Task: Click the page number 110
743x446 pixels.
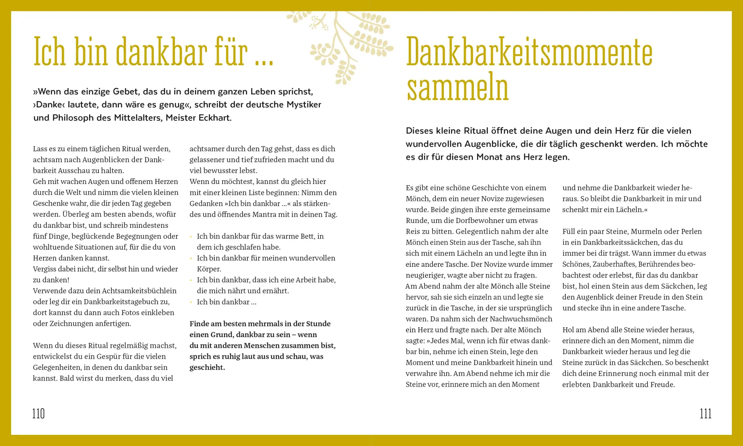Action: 39,414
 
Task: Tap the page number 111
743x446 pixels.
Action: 705,414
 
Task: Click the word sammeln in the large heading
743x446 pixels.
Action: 457,87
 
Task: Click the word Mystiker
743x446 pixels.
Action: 304,105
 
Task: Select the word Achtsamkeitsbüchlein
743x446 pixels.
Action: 139,291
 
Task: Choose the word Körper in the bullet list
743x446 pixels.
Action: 209,269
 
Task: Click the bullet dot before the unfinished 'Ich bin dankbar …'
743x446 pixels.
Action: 191,302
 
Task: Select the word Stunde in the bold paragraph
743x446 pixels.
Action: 318,324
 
